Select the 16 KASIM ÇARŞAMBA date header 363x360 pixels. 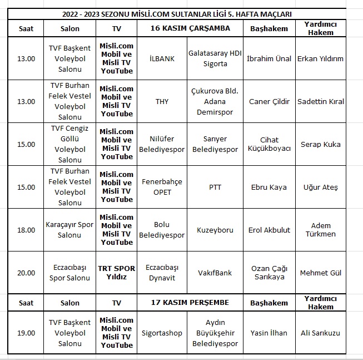coord(190,28)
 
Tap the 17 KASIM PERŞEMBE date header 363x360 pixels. coord(190,303)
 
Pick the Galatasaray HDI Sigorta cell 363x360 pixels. coord(215,58)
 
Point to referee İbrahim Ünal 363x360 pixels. coord(269,58)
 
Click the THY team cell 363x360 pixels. coord(162,101)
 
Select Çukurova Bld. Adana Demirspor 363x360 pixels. coord(215,101)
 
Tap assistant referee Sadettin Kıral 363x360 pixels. coord(321,101)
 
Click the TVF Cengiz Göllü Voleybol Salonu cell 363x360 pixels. coord(69,144)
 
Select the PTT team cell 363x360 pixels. coord(215,187)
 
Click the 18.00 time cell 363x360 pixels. coord(26,230)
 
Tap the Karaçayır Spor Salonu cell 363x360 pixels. coord(69,230)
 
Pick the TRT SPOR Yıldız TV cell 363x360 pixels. coord(117,273)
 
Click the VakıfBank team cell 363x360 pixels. coord(215,273)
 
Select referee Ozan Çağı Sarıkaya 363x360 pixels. coord(269,273)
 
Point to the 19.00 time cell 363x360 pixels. coord(26,333)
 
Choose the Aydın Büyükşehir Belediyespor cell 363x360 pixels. coord(215,333)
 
